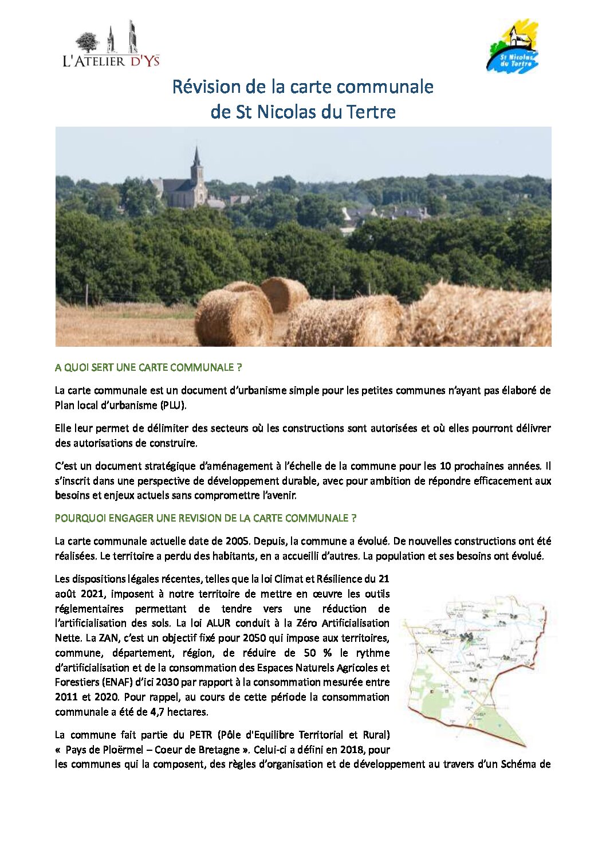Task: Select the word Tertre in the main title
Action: pyautogui.click(x=371, y=111)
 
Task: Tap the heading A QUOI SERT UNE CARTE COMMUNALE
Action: pyautogui.click(x=148, y=367)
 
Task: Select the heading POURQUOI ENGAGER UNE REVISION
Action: pyautogui.click(x=206, y=518)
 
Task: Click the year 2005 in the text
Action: pyautogui.click(x=238, y=541)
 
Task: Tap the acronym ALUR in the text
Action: pyautogui.click(x=219, y=623)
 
